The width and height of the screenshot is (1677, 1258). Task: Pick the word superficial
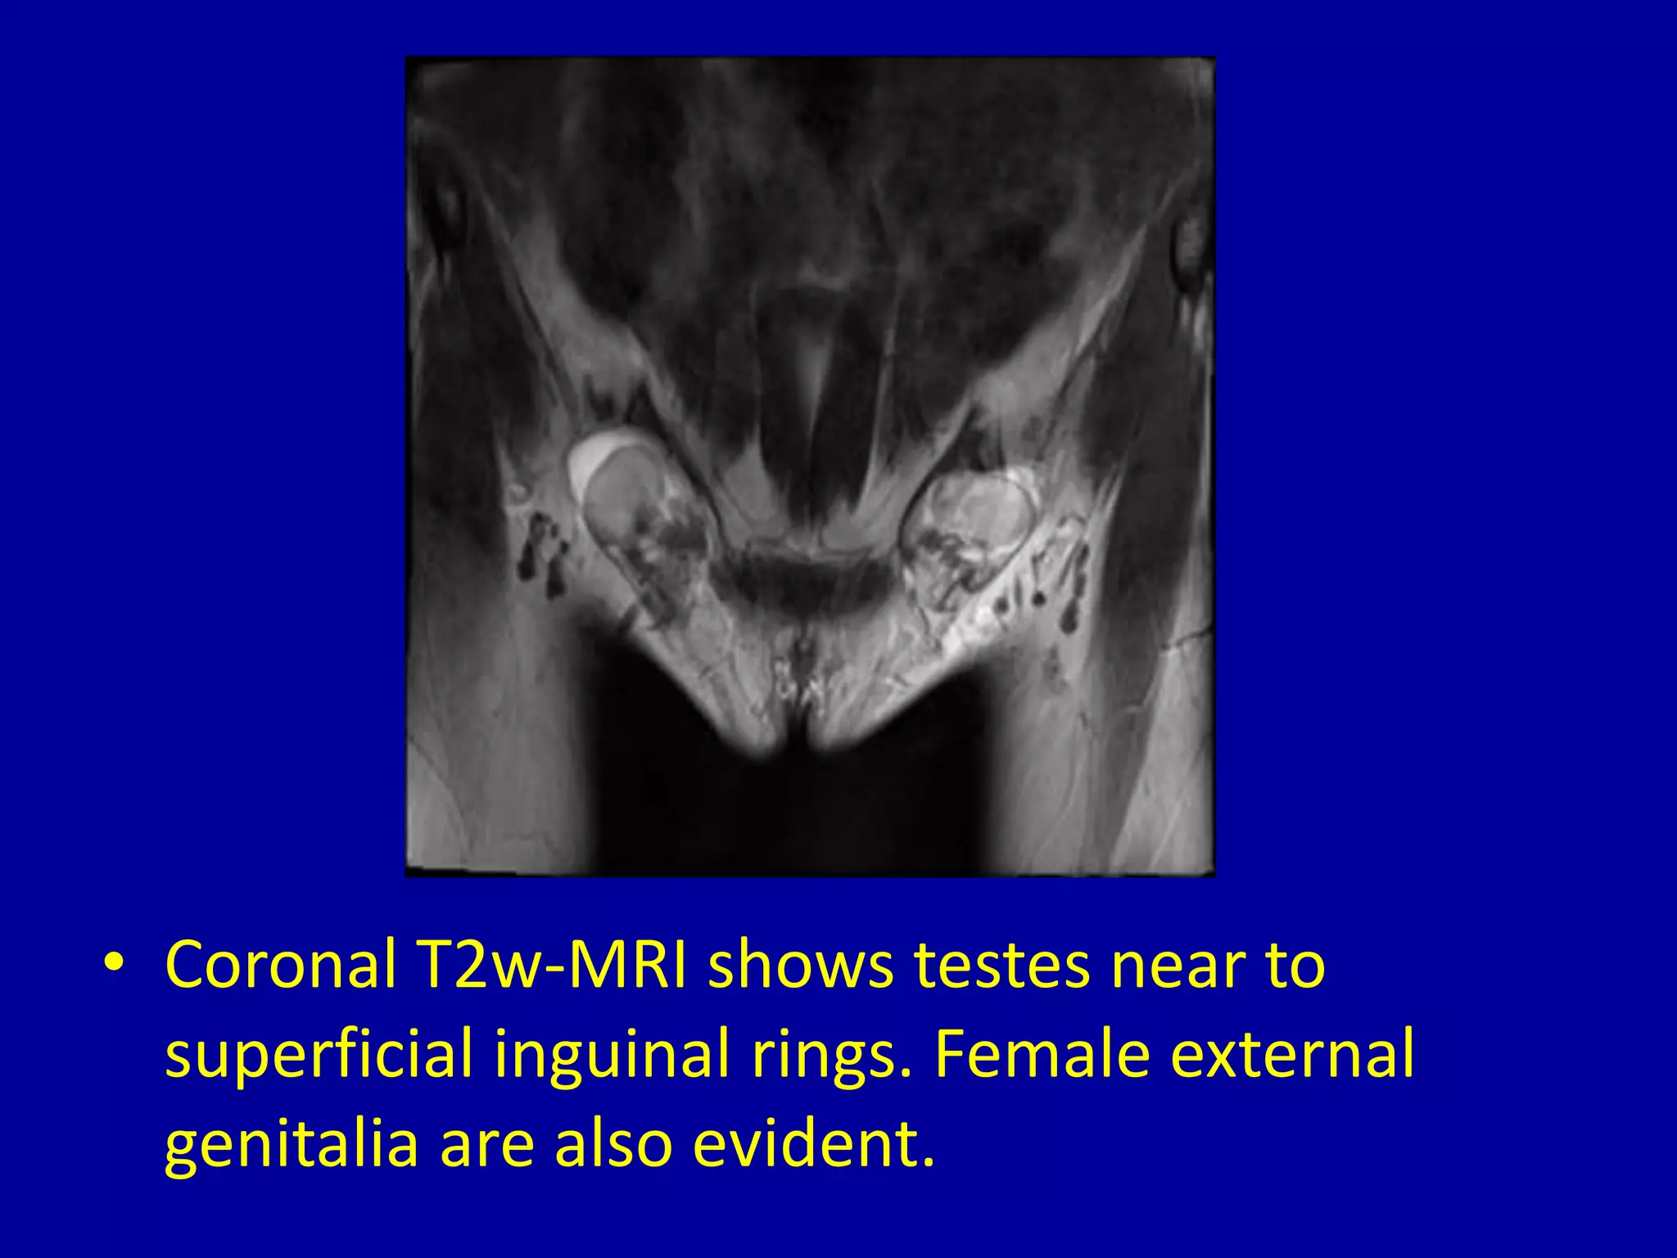coord(319,1055)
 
